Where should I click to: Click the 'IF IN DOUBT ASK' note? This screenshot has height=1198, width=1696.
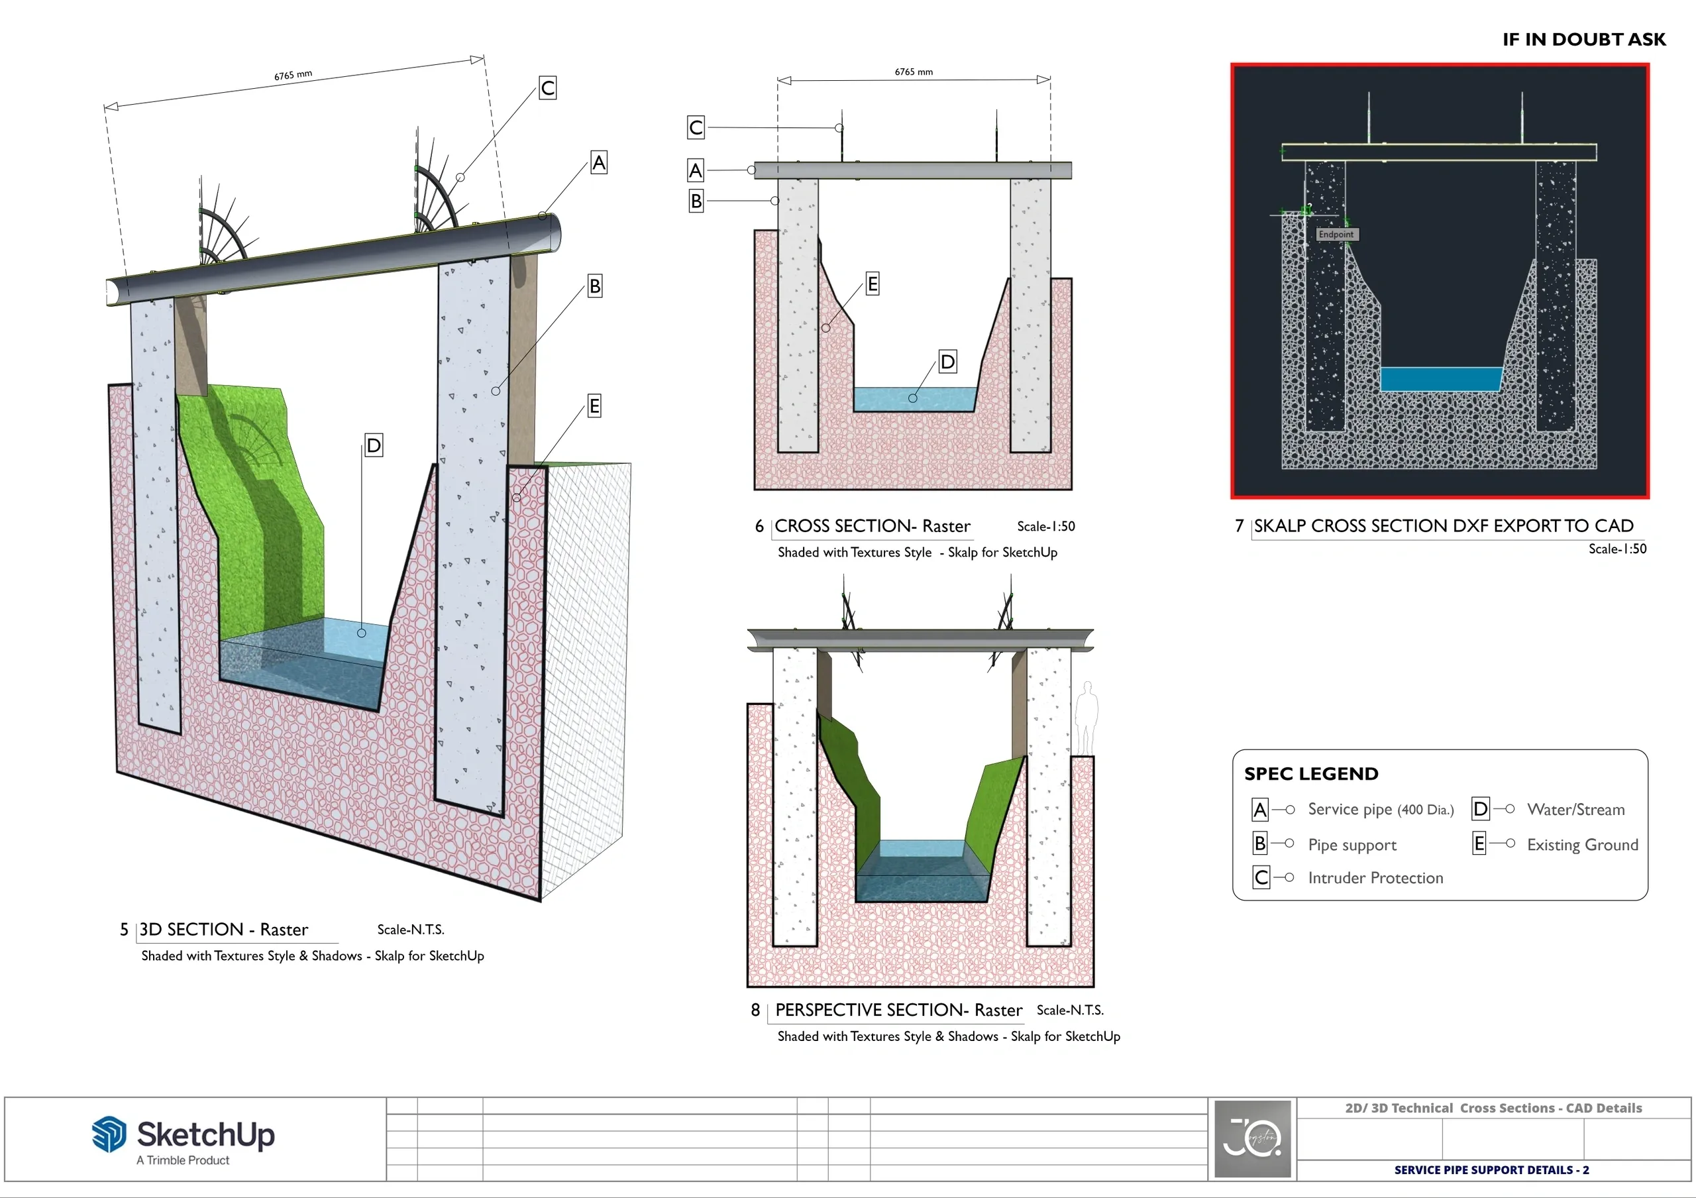[1584, 40]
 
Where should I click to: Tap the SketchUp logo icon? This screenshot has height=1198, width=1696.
[109, 1134]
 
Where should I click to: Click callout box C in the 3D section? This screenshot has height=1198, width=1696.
[547, 88]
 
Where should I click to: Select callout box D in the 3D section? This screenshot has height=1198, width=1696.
[374, 445]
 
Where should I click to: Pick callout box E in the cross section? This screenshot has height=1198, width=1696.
[873, 284]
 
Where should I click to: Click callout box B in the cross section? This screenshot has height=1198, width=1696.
[696, 200]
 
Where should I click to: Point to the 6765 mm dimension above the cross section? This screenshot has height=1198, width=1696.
[914, 72]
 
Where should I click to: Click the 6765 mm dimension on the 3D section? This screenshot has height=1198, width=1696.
[293, 76]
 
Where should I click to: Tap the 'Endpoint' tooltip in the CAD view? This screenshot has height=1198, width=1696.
[1336, 234]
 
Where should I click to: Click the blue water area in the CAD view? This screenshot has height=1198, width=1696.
[1441, 379]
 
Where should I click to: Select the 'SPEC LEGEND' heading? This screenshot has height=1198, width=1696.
[1311, 773]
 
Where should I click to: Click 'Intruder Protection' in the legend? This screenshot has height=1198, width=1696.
[1375, 877]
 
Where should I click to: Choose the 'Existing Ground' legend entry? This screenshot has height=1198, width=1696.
[1582, 844]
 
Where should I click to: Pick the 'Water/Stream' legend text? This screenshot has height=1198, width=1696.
[1575, 810]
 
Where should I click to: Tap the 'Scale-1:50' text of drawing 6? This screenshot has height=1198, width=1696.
[1046, 527]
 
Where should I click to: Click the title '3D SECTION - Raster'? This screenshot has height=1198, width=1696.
[224, 929]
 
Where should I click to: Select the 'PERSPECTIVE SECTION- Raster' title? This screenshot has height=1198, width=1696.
[898, 1010]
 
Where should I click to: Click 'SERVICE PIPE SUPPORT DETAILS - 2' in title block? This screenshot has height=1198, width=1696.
[1491, 1170]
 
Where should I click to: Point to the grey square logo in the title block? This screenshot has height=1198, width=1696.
[1252, 1138]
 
